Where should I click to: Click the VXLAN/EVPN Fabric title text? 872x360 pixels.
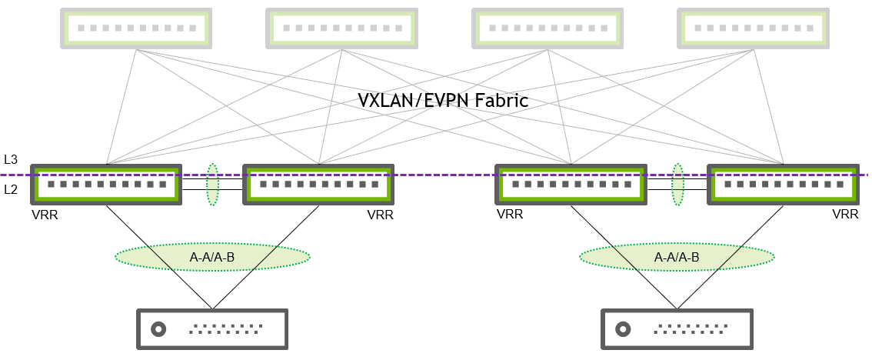pyautogui.click(x=444, y=100)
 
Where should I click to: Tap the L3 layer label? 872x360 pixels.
pyautogui.click(x=10, y=160)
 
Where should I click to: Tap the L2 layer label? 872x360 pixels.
pyautogui.click(x=10, y=188)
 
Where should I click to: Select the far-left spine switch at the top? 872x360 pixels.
pyautogui.click(x=135, y=28)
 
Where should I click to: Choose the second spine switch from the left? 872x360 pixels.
pyautogui.click(x=341, y=28)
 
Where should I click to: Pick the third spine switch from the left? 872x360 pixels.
pyautogui.click(x=547, y=28)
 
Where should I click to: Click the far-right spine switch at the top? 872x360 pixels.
pyautogui.click(x=753, y=28)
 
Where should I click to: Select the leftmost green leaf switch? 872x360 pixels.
pyautogui.click(x=105, y=185)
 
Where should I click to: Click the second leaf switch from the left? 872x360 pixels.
pyautogui.click(x=318, y=185)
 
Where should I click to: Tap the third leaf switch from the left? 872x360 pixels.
pyautogui.click(x=571, y=185)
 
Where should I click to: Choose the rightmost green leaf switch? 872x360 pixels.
pyautogui.click(x=783, y=185)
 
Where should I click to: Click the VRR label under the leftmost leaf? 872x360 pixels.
pyautogui.click(x=45, y=215)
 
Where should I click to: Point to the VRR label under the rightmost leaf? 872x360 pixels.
pyautogui.click(x=845, y=215)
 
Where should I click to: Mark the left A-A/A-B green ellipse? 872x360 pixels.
pyautogui.click(x=212, y=257)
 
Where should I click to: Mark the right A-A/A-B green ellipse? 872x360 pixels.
pyautogui.click(x=677, y=257)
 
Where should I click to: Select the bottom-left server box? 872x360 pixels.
pyautogui.click(x=211, y=329)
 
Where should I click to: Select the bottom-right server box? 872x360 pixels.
pyautogui.click(x=677, y=329)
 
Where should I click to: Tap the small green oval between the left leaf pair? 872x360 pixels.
pyautogui.click(x=212, y=185)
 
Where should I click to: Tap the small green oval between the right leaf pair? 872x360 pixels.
pyautogui.click(x=677, y=185)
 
